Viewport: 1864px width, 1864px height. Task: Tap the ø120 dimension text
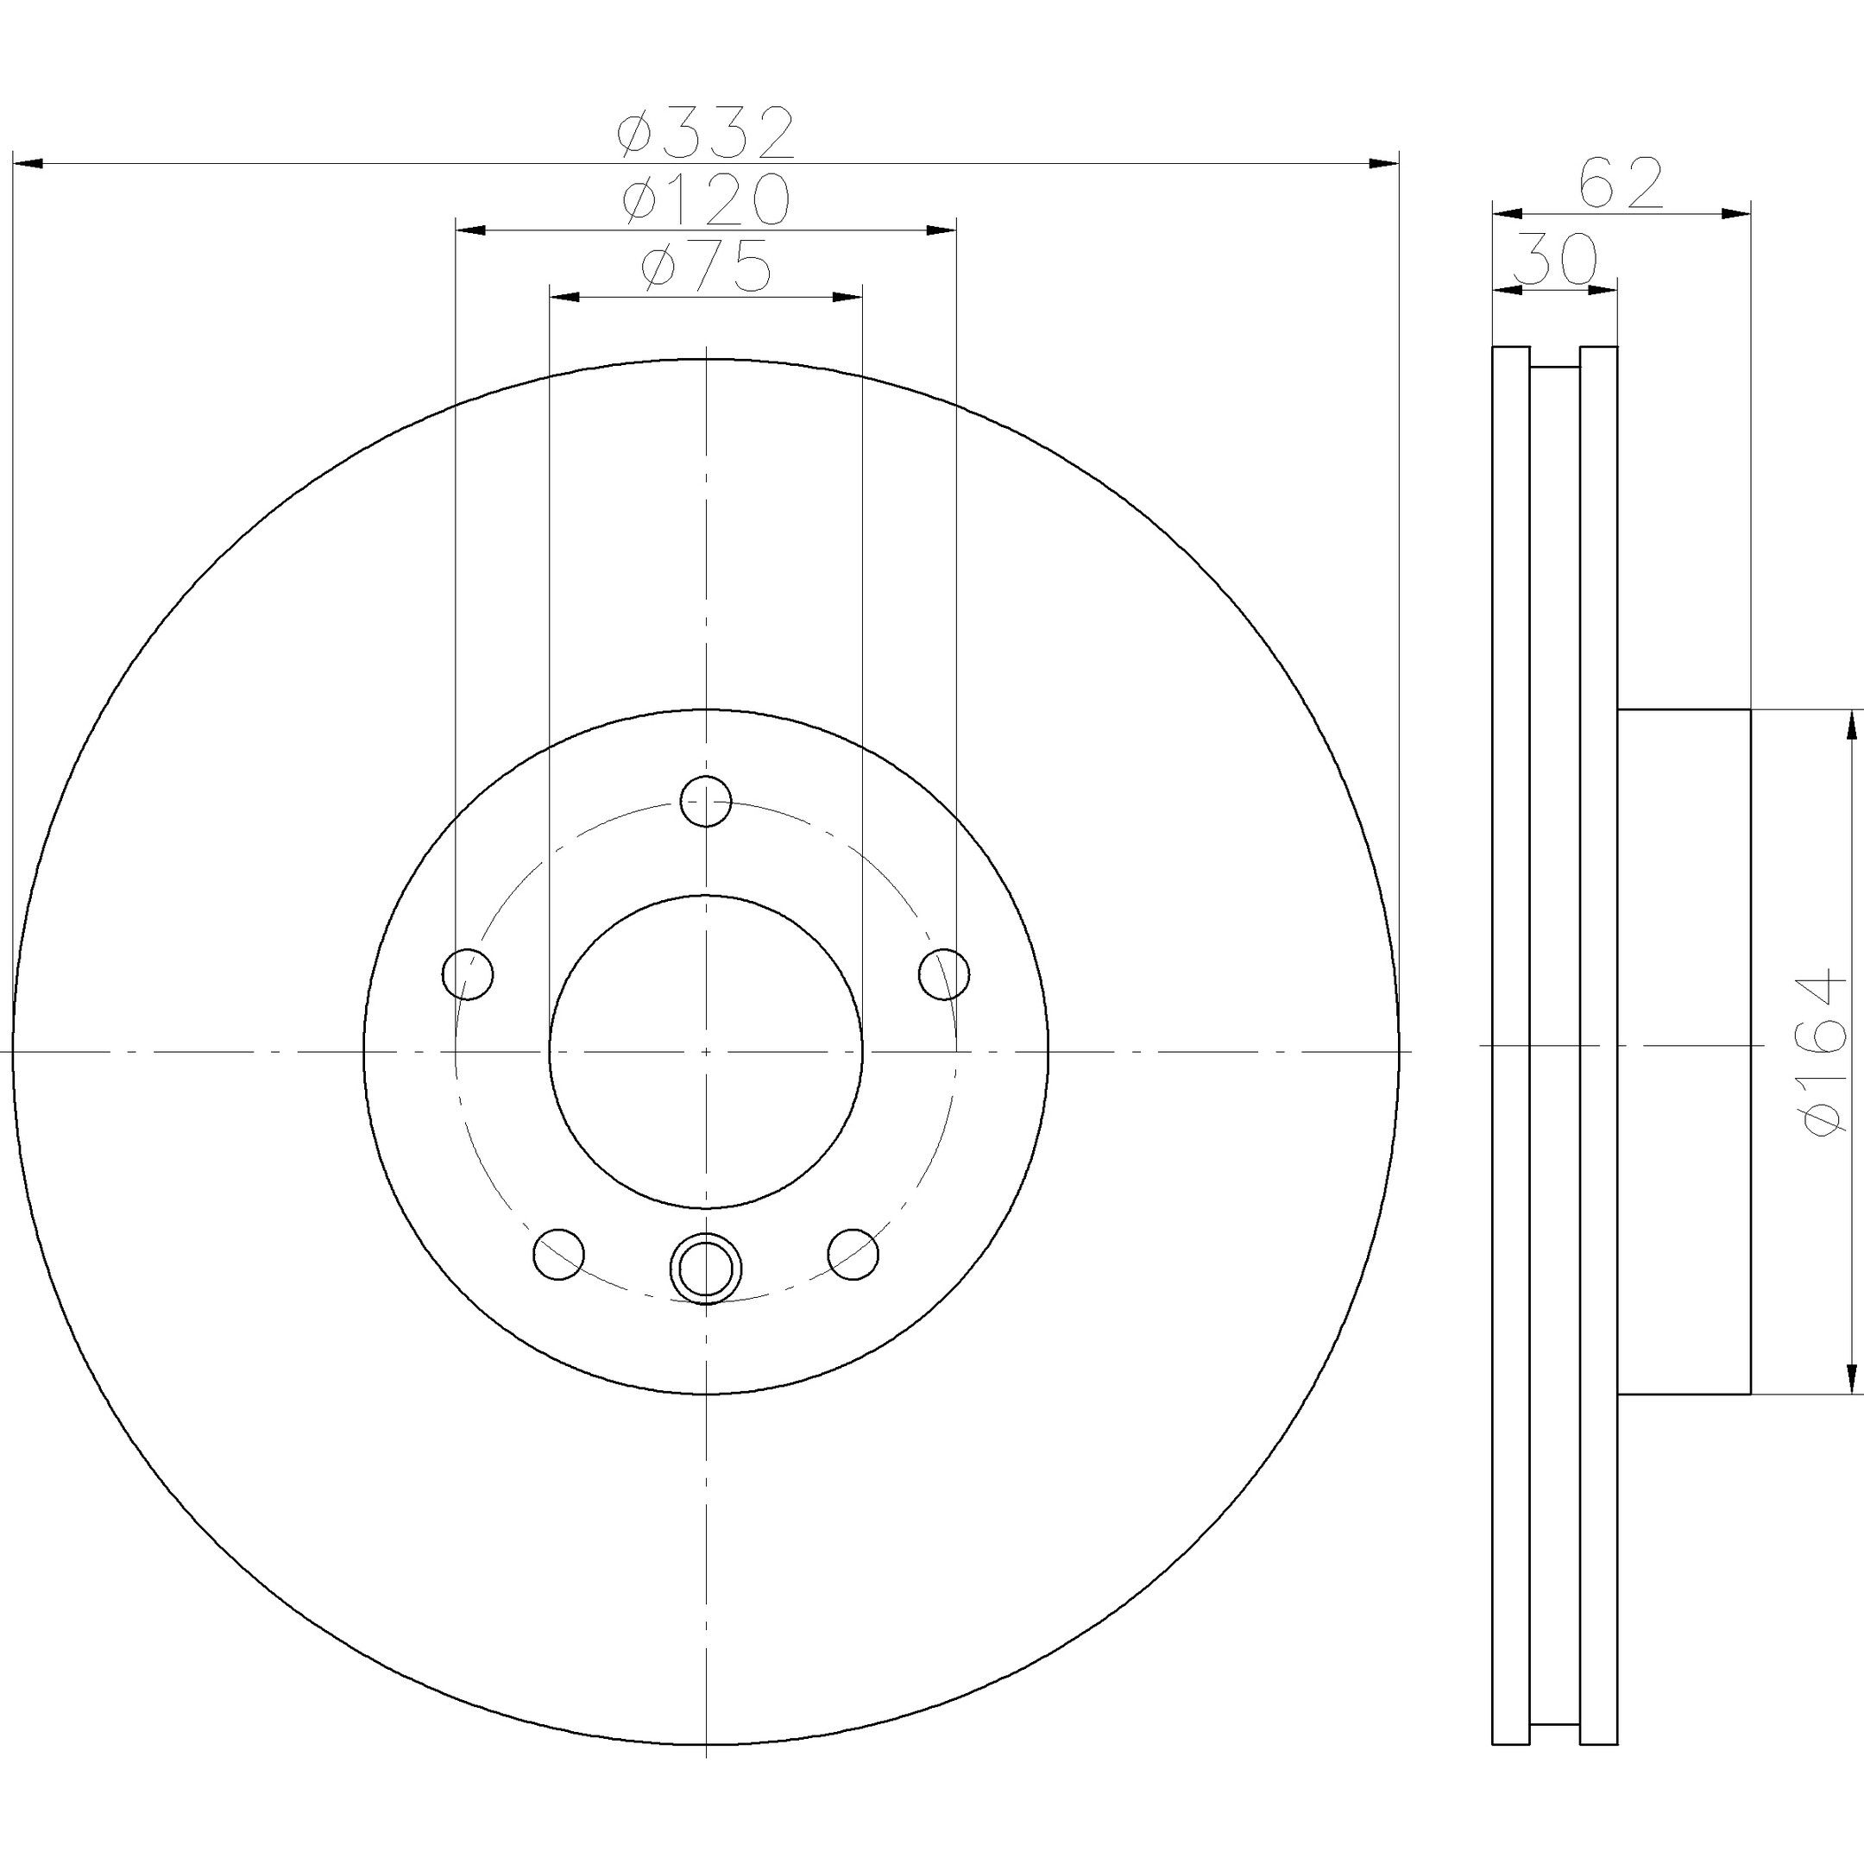click(706, 198)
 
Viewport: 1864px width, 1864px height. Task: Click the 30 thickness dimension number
click(1556, 259)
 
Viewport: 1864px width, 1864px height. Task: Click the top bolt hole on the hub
click(705, 801)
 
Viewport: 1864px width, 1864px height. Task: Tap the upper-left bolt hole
click(468, 973)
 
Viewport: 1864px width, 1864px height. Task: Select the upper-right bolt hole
click(945, 973)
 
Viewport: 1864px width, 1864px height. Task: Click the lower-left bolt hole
click(558, 1254)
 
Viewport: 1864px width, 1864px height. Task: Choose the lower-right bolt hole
click(853, 1254)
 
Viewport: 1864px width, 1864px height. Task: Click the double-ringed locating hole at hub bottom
click(705, 1268)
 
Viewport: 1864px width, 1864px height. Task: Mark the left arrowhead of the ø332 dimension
click(27, 164)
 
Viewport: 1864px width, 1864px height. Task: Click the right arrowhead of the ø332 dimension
click(1383, 164)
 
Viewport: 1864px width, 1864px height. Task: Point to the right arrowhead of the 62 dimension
click(1735, 213)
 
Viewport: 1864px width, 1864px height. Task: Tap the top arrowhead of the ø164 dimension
click(1850, 726)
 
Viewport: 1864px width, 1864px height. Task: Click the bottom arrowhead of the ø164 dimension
click(1850, 1378)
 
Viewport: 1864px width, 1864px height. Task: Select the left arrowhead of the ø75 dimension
click(564, 296)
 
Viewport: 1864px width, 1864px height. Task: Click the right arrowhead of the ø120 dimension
click(941, 230)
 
